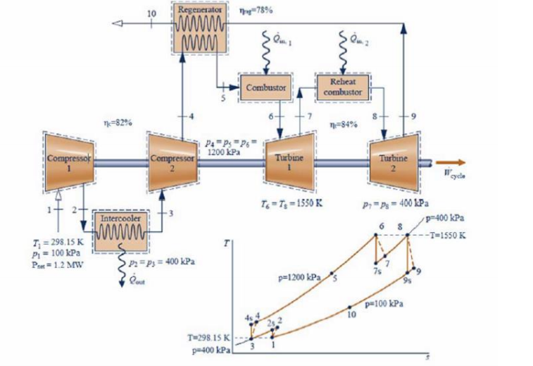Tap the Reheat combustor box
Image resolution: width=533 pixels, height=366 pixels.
click(x=345, y=87)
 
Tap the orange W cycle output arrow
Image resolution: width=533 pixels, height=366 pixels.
click(x=451, y=161)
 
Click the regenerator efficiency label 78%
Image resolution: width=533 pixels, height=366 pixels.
click(x=251, y=11)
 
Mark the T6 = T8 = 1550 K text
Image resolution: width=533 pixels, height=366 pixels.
click(x=287, y=201)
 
